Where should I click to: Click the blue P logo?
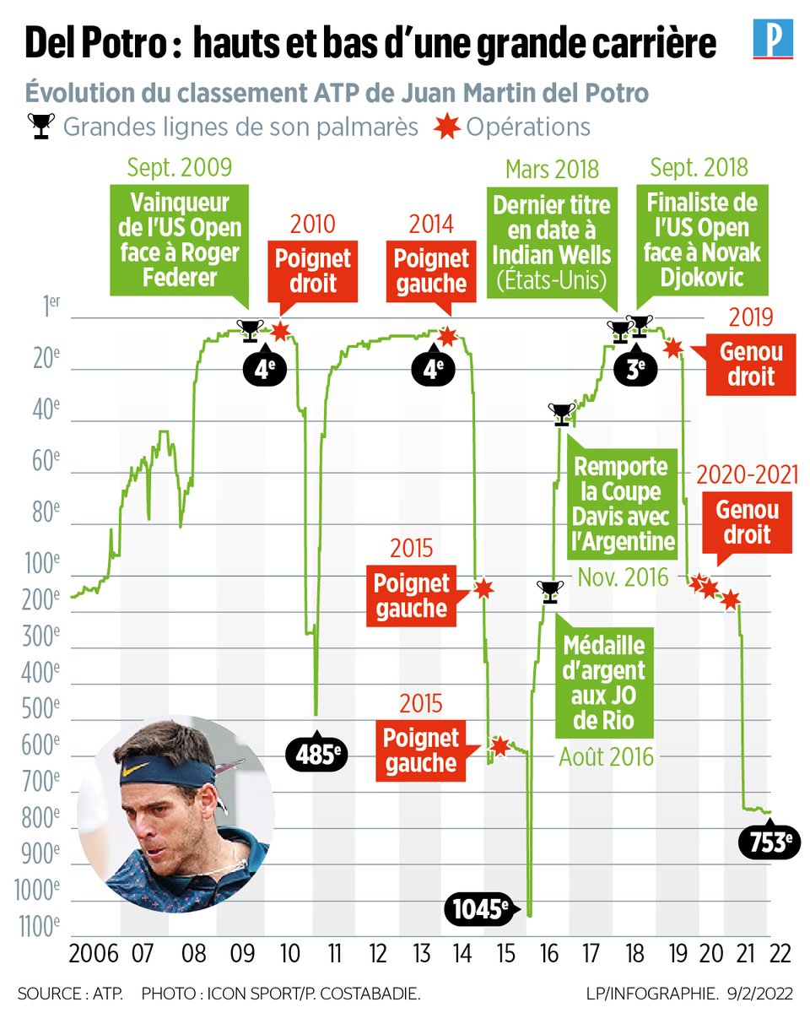tap(773, 39)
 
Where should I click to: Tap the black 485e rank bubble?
tap(316, 755)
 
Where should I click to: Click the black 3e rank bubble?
tap(635, 369)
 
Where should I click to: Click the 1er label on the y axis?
tap(51, 306)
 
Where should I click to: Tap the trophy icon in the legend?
tap(41, 126)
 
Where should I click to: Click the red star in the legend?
tap(447, 126)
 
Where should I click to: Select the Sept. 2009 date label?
tap(180, 167)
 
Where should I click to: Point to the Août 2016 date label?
tap(606, 757)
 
